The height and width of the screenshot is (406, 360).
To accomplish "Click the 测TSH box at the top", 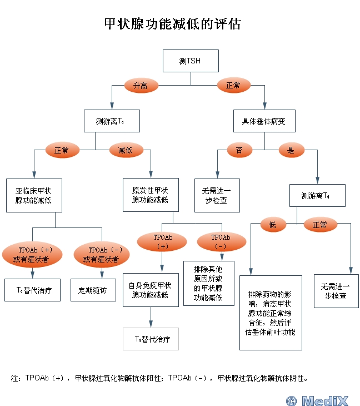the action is (x=191, y=61).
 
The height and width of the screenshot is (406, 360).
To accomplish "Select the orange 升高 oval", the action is (x=141, y=86).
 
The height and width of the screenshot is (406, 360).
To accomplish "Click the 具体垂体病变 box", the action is (x=264, y=121).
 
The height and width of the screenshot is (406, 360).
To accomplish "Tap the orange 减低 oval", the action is (x=126, y=150).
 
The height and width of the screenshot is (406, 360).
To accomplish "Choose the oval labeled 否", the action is (x=239, y=150).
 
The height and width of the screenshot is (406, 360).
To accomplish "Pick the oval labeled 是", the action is (x=292, y=150).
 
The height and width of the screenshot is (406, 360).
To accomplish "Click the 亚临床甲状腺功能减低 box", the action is (x=34, y=195).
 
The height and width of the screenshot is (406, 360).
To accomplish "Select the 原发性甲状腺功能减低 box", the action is (x=151, y=195).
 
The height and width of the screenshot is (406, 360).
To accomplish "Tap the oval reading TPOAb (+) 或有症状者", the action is (x=32, y=255).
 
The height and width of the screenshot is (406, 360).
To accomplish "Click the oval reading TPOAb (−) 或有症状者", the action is (x=102, y=255).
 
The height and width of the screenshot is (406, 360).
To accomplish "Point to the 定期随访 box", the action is (x=93, y=290).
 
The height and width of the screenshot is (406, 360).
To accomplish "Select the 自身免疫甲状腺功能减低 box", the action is (x=151, y=290).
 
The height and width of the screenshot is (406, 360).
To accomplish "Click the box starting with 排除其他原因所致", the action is (x=209, y=283).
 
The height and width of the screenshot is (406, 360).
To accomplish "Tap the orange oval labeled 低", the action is (x=273, y=225).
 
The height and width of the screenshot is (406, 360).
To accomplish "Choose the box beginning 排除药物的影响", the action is (x=271, y=313).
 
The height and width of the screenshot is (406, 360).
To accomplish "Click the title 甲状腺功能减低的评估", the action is (x=173, y=24).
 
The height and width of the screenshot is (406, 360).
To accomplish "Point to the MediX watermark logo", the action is (x=317, y=400).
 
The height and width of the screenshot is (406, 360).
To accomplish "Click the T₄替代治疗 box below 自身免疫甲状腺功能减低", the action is (x=151, y=339).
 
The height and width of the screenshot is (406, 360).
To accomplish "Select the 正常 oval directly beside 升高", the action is (x=234, y=85).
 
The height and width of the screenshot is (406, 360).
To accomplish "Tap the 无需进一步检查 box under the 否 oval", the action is (x=217, y=195).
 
